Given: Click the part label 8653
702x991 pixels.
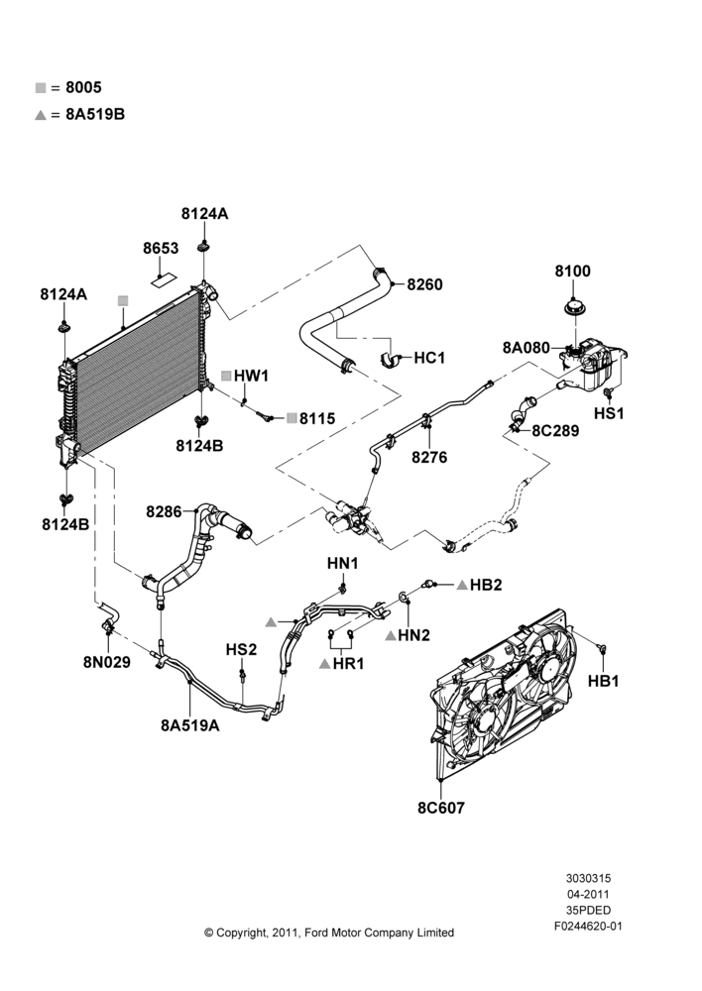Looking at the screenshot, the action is [161, 249].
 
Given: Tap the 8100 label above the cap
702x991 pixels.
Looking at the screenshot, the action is [572, 272].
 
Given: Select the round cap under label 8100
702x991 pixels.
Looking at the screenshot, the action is [575, 310].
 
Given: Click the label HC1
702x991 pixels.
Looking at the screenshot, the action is [429, 358].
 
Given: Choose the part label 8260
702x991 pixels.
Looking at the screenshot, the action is [424, 284].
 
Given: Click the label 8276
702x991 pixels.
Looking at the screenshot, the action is [428, 457].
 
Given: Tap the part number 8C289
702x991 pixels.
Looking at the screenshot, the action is [555, 430].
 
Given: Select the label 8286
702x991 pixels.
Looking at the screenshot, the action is [164, 511].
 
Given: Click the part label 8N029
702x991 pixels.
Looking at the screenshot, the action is [106, 662].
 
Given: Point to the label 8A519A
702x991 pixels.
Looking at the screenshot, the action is [189, 725].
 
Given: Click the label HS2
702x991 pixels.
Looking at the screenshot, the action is [242, 650].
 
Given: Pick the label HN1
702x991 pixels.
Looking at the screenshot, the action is [343, 563].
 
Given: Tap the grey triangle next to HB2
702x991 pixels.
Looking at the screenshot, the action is [462, 586].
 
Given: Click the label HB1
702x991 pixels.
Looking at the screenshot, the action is [603, 681].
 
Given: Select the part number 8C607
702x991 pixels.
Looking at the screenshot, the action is [441, 808].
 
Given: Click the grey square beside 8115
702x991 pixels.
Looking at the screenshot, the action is [292, 418].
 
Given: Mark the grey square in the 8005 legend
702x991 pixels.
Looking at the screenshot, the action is [41, 88].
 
